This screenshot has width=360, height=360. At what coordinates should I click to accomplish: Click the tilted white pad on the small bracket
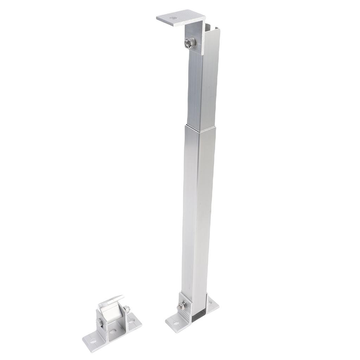point(111,301)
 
